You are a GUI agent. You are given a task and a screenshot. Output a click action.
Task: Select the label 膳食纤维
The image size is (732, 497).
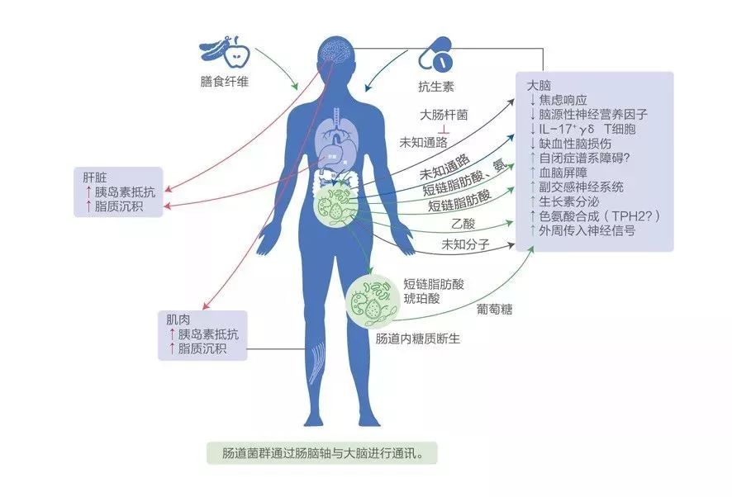[x=223, y=81]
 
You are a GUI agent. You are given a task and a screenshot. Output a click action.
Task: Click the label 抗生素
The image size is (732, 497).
[x=435, y=87]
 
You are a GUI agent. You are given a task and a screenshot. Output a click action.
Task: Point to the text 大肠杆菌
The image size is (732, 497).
[x=444, y=116]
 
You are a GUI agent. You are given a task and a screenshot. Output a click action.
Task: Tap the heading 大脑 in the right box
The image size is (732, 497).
[x=540, y=84]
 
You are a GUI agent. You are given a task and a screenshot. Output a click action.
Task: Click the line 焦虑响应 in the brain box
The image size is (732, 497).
[x=563, y=99]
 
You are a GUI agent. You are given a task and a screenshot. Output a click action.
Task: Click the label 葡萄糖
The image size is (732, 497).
[x=494, y=310]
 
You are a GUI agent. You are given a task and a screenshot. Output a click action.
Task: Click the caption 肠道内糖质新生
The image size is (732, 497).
[x=416, y=339]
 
